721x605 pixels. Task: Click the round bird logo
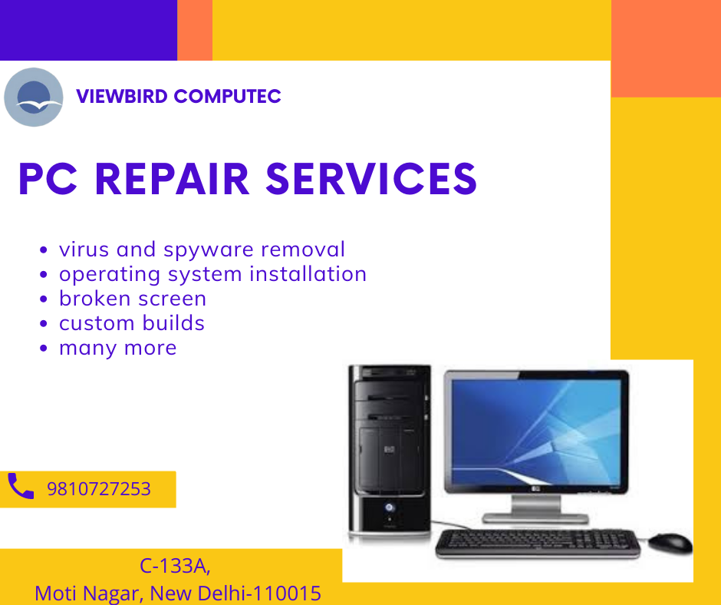(33, 98)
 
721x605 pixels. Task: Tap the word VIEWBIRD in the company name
(122, 97)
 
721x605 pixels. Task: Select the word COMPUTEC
(228, 97)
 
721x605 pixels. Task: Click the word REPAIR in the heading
(172, 179)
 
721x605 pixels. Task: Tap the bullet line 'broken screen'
(132, 299)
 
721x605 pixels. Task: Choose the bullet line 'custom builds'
(131, 323)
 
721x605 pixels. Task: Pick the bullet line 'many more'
(117, 348)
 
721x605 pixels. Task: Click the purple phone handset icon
(21, 487)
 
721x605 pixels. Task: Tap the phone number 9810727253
(99, 489)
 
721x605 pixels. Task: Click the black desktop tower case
(390, 449)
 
